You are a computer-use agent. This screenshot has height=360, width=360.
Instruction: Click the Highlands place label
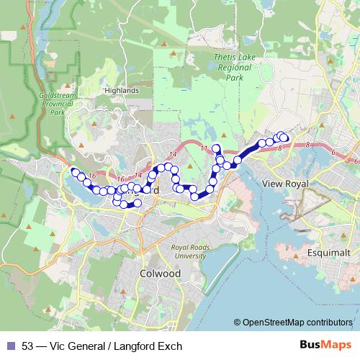click(x=121, y=91)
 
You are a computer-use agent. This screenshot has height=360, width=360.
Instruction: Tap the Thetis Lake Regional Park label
click(x=231, y=66)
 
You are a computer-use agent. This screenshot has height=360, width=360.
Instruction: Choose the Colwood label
click(x=156, y=274)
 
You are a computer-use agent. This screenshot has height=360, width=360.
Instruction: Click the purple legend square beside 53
click(x=10, y=346)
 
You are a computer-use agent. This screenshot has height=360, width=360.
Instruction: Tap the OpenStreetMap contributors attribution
click(x=297, y=323)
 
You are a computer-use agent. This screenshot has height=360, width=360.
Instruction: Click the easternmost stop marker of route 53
click(x=284, y=137)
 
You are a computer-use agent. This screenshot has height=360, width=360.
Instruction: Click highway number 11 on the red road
click(x=204, y=148)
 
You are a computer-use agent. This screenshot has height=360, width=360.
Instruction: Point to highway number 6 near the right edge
click(x=333, y=153)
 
